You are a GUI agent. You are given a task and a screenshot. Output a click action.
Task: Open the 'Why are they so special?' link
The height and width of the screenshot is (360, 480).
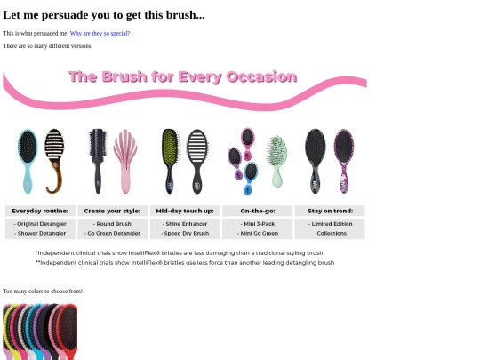point(100,34)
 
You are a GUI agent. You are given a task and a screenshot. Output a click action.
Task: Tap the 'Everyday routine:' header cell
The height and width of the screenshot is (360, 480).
point(40,211)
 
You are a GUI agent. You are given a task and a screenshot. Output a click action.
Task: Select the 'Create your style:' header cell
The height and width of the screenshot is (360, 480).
point(112,211)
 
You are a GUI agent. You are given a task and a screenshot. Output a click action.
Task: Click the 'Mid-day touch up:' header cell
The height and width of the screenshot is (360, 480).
point(185,211)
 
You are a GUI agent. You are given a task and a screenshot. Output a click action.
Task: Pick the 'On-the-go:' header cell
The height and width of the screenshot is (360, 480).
point(258,211)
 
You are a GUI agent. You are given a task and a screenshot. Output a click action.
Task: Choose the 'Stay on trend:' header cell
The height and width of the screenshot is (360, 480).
point(330,211)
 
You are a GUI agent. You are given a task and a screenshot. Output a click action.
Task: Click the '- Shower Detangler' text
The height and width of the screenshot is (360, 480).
point(40,233)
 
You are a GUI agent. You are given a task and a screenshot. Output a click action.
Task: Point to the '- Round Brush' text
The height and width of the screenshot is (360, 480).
point(112,224)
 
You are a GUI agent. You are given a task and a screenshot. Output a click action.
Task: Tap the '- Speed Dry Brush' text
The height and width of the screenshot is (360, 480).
point(185,233)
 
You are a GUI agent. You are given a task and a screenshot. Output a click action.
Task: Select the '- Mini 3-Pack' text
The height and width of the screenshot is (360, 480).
point(258,224)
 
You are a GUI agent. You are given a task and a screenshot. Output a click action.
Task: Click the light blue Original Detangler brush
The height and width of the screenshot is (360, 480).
point(28,161)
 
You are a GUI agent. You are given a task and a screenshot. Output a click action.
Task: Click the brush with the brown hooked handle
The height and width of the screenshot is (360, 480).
point(54,161)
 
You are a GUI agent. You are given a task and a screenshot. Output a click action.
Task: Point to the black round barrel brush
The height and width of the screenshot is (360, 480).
point(98,161)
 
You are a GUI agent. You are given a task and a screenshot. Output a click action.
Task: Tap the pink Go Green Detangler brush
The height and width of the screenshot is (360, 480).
point(125,161)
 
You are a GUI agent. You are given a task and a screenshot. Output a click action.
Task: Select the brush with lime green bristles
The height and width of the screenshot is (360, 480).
point(170,161)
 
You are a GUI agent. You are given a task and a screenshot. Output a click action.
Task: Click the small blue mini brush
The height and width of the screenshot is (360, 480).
point(251,178)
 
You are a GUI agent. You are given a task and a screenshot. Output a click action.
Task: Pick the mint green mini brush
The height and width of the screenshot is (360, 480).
point(277,161)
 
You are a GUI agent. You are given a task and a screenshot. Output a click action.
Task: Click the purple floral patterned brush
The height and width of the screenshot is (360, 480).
point(344,161)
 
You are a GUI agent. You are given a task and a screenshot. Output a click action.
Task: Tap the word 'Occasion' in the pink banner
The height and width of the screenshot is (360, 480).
point(261,76)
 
